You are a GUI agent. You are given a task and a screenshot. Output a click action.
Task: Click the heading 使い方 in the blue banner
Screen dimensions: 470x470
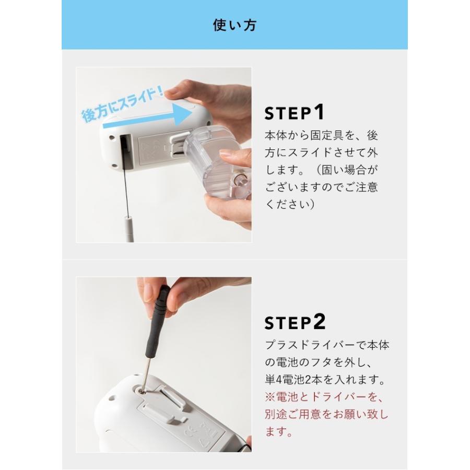(x=234, y=25)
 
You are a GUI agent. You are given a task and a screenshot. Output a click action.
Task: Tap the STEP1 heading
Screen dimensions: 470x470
(x=295, y=112)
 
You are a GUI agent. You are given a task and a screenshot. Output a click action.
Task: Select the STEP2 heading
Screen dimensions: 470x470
(x=295, y=322)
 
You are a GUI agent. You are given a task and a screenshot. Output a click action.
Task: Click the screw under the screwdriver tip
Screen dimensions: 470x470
(x=142, y=391)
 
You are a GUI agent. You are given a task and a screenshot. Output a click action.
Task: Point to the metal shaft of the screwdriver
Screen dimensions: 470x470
(x=146, y=373)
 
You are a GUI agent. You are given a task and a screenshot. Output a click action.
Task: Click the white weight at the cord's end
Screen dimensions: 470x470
(x=130, y=229)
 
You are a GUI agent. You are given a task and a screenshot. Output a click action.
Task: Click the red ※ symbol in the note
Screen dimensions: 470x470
(x=270, y=397)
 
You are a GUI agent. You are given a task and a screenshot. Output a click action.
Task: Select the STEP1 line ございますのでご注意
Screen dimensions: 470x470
(x=321, y=187)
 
